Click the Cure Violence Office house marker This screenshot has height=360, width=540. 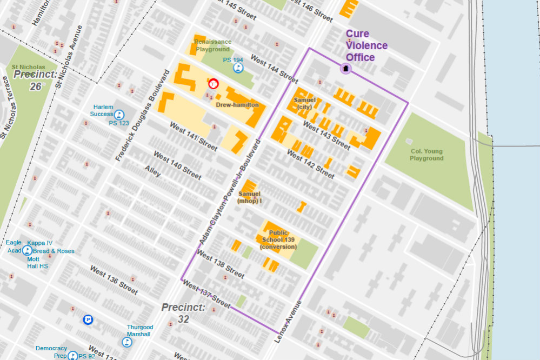coord(345,69)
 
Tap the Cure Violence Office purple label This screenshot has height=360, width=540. coord(367,46)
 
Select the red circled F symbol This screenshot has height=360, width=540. coord(213,84)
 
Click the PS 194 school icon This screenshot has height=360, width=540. coord(238,68)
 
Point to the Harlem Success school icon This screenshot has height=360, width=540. coord(119,114)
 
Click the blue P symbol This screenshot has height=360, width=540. coord(88,320)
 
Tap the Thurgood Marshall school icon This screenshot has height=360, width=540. coord(126,342)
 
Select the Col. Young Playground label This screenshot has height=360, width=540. coord(426,155)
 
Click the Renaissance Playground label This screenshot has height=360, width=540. coord(212,45)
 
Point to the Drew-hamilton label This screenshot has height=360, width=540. coord(237,105)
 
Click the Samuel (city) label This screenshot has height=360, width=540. coord(304,103)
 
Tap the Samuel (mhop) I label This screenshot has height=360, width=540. coord(250,197)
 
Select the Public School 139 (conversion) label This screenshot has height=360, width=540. coord(278,239)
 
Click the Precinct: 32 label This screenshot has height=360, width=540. coord(184,313)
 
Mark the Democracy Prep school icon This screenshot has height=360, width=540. coord(72,355)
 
